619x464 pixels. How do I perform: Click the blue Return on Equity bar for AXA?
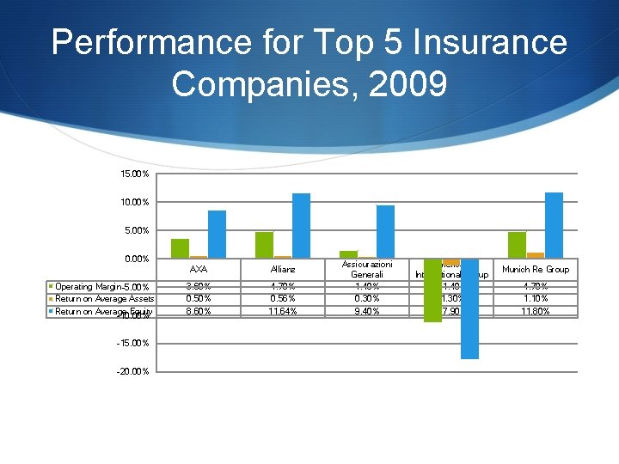(217, 234)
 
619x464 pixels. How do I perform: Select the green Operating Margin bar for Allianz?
(264, 245)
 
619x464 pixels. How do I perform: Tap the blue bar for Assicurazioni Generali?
(385, 231)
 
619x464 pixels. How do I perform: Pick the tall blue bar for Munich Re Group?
(554, 225)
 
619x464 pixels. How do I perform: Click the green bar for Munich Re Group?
(517, 245)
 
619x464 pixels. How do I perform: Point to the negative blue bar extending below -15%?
(469, 308)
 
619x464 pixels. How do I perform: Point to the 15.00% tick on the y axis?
(135, 174)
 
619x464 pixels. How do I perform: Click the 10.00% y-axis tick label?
(135, 203)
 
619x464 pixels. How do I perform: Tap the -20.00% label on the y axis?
(133, 372)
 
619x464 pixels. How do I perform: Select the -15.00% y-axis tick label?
(133, 344)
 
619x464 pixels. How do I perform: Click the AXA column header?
(198, 270)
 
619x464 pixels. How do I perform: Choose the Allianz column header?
(283, 270)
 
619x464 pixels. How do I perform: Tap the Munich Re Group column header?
(536, 270)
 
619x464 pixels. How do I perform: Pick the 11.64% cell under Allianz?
(283, 311)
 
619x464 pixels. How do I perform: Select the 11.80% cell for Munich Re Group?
(536, 311)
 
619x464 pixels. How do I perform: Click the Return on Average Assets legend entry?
(104, 299)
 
